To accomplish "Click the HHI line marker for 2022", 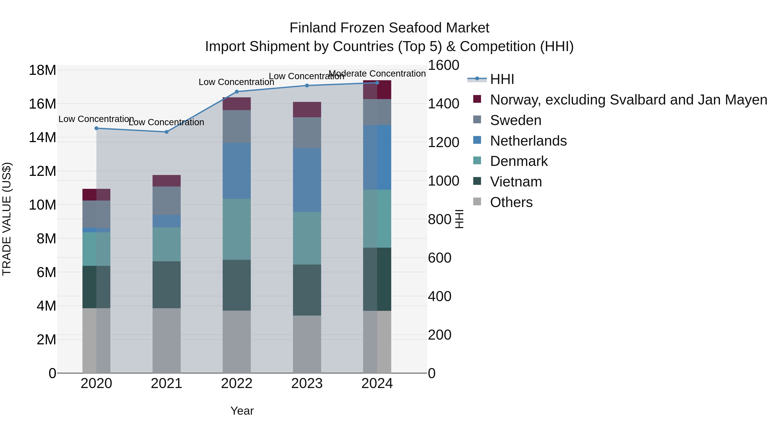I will [x=237, y=91].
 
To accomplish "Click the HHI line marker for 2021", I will [x=166, y=132].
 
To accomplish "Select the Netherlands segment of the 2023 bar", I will [x=307, y=180].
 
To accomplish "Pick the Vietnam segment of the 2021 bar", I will [x=166, y=284].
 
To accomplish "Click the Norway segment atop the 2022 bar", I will [x=237, y=104].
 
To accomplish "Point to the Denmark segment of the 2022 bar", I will [x=237, y=229].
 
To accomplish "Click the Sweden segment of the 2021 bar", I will [x=166, y=201].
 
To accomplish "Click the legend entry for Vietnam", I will [x=516, y=182].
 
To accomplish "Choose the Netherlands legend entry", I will [x=528, y=141].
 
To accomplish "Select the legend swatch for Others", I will [x=477, y=201].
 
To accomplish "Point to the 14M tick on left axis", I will [x=42, y=138].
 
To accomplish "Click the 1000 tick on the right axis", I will [x=443, y=181].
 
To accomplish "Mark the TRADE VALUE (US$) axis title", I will [x=7, y=219].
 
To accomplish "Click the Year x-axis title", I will [x=242, y=411].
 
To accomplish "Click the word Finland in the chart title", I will [x=313, y=28].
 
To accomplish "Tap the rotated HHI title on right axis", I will [x=459, y=219].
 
